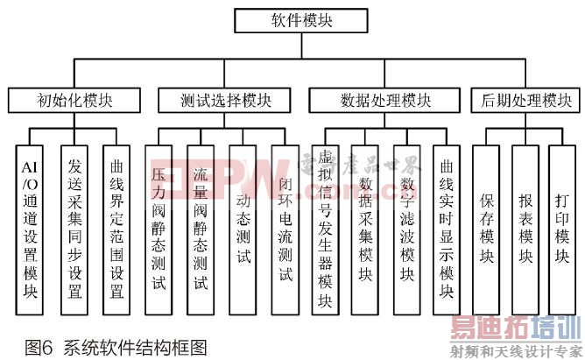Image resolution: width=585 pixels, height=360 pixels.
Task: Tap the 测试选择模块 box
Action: pos(223,100)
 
